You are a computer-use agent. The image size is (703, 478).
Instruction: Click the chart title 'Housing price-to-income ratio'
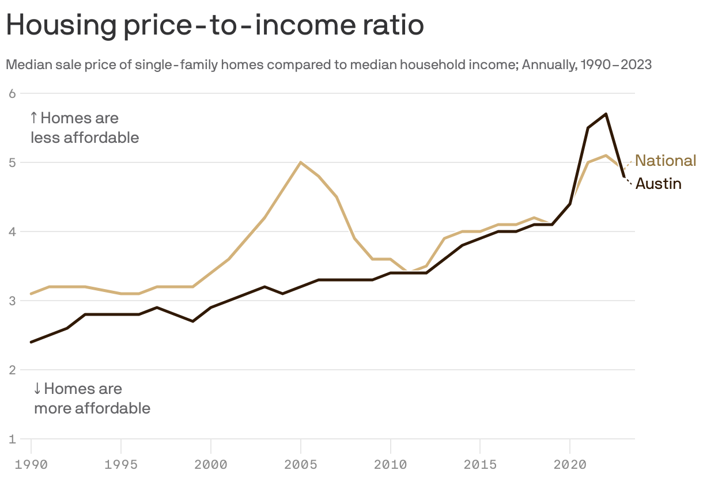coord(215,26)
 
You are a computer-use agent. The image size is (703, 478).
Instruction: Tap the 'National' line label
coord(666,161)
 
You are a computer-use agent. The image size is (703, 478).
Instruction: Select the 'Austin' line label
coord(658,184)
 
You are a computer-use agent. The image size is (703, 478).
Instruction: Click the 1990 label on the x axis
coord(31,464)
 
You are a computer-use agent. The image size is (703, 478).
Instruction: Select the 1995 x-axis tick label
coord(121,464)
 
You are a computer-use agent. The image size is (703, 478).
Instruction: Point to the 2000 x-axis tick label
coord(211,464)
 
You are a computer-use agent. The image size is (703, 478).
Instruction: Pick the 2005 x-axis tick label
coord(301,464)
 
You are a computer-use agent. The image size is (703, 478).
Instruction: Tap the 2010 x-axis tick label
coord(391,464)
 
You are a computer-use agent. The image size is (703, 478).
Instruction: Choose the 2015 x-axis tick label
coord(480,464)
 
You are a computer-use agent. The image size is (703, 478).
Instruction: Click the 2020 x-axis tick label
coord(570,464)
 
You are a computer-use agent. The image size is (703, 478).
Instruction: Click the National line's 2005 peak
coord(301,162)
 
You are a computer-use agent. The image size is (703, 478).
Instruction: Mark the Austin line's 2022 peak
coord(606,114)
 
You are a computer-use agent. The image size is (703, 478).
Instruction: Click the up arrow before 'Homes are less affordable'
coord(33,119)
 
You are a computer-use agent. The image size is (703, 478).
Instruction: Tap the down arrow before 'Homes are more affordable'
coord(37,389)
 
